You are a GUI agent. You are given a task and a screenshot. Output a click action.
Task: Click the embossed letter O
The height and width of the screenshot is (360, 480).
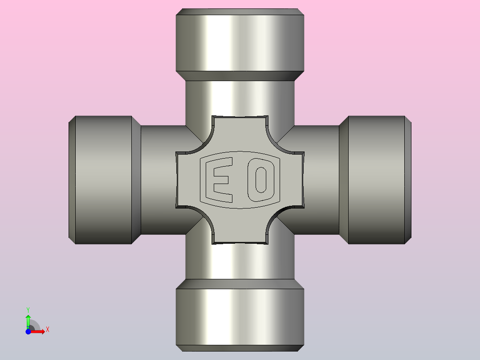260,179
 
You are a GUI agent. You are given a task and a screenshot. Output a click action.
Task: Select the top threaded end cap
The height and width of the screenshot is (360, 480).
240,40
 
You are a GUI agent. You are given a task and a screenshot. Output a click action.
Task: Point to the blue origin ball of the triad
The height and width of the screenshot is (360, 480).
28,331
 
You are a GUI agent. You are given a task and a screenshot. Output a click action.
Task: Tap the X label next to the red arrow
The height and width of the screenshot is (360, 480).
47,330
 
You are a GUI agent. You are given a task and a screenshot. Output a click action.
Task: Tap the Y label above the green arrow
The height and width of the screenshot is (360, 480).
28,309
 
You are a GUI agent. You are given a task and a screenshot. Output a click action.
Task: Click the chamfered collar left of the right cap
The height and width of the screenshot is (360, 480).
343,180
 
